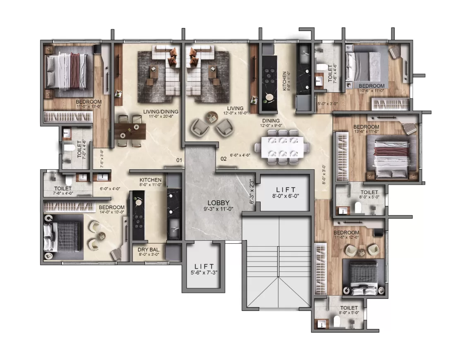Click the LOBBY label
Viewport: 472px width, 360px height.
pos(218,203)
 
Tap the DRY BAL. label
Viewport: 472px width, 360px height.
pos(149,250)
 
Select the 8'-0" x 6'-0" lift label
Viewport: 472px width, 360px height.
pos(286,196)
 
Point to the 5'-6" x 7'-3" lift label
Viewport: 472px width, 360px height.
pos(204,273)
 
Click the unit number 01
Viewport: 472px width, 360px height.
pos(179,160)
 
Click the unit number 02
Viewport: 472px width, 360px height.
pos(223,158)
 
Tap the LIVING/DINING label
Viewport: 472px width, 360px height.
pos(161,111)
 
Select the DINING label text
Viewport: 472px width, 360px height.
pos(271,121)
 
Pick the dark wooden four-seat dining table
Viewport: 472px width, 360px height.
pos(130,131)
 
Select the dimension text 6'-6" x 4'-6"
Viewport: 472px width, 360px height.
pos(240,155)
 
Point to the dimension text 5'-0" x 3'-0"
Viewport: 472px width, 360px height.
pos(328,104)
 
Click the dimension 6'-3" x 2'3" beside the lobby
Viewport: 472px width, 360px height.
pos(252,192)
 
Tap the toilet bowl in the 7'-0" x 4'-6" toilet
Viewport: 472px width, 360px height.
pos(69,148)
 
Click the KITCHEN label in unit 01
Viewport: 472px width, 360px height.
pos(151,180)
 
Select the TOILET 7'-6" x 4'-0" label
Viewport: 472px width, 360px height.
pos(63,191)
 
